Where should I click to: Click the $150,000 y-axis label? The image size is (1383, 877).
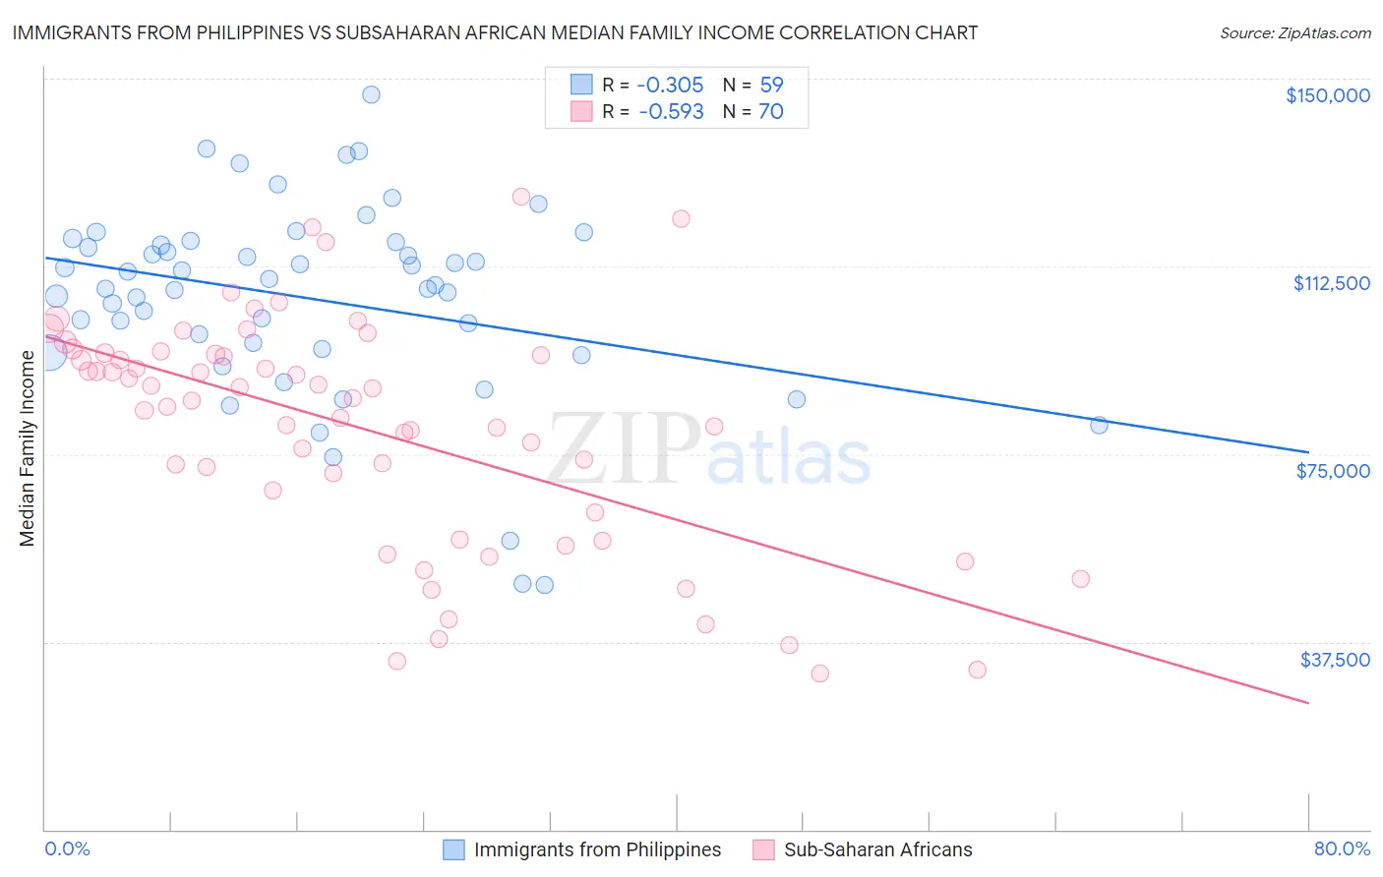[1327, 95]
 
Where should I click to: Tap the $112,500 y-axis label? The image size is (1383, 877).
[1331, 283]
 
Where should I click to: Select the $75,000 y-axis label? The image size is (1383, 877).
[1333, 471]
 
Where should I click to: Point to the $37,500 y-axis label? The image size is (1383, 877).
[1335, 660]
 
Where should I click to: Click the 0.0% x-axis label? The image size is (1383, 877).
[67, 848]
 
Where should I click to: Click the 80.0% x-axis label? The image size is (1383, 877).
[1342, 848]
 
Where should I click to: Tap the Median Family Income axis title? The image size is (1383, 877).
[28, 447]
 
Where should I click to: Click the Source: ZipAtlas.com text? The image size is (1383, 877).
[1294, 33]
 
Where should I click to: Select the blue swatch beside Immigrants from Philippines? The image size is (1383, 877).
[453, 849]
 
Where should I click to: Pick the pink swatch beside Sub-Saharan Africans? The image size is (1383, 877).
[763, 849]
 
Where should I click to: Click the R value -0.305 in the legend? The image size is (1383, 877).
[671, 86]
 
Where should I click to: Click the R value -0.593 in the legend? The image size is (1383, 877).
[671, 112]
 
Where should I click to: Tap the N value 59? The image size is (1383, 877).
[771, 86]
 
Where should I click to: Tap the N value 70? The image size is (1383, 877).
[771, 112]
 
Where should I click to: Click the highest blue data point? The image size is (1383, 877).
[371, 94]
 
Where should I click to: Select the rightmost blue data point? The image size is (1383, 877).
[1099, 425]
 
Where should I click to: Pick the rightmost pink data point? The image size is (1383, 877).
[1080, 579]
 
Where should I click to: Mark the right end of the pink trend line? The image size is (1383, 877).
[1308, 703]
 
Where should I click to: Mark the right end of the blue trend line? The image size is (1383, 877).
[1308, 451]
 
